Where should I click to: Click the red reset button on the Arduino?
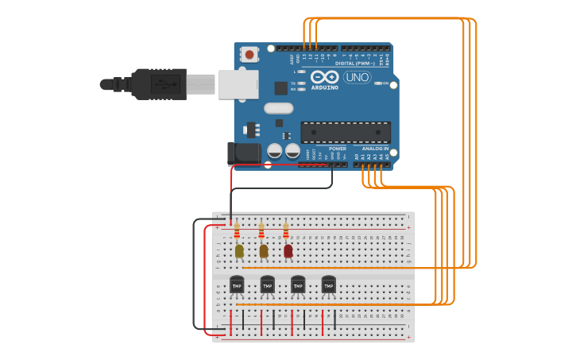point(250,55)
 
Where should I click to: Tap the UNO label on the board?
point(357,77)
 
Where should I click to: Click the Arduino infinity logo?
point(324,77)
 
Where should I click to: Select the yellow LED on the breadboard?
point(239,251)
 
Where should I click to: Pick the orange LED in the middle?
point(264,251)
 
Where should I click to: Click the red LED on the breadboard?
point(288,251)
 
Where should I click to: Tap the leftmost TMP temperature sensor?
point(237,285)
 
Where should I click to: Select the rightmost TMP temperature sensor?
point(328,285)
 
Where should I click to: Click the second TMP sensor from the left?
point(267,285)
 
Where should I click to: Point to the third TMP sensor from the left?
point(298,285)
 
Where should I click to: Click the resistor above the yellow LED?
point(237,230)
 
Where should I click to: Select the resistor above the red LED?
point(286,230)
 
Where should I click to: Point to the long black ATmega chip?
point(346,132)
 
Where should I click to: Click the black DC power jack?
point(240,153)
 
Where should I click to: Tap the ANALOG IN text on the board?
point(376,149)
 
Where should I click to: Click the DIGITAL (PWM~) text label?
point(356,63)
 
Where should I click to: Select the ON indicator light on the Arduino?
point(377,83)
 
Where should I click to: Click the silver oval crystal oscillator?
point(278,108)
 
